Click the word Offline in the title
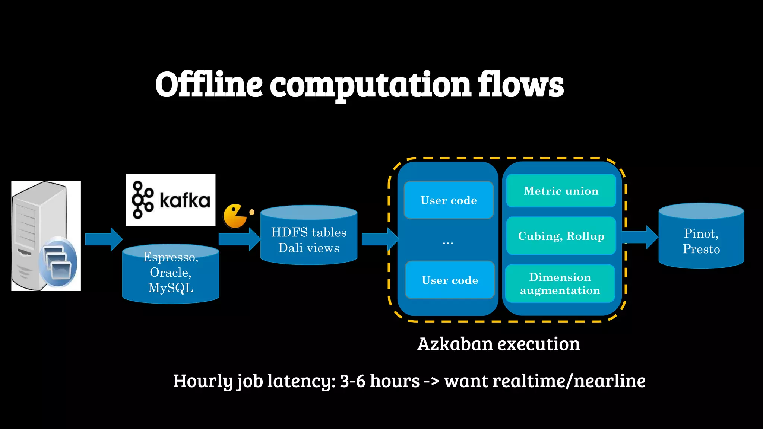coord(209,85)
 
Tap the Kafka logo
coord(171,200)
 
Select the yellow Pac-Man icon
coord(235,216)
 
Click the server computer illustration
coord(46,236)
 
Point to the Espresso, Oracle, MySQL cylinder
coord(171,274)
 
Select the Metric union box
coord(561,191)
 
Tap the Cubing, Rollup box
coord(561,236)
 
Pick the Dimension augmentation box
coord(560,284)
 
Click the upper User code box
coord(449,200)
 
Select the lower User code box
coord(450,280)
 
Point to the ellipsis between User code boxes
coord(448,243)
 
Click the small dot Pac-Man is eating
coord(252,212)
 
